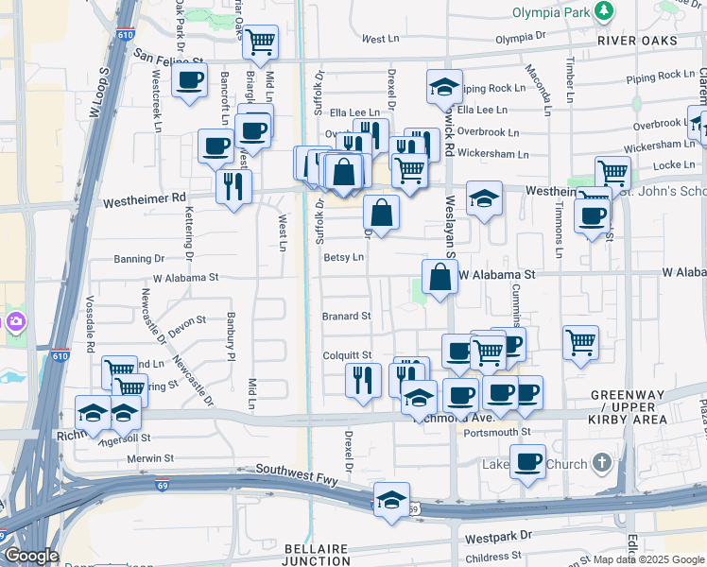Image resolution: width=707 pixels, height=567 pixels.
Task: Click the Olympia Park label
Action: [x=549, y=12]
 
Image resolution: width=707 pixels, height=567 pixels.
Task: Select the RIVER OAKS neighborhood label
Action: [x=638, y=41]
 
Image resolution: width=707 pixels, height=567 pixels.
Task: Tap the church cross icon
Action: [x=600, y=463]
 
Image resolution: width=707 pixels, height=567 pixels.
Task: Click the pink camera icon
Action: [x=15, y=323]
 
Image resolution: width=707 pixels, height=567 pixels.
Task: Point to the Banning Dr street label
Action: [x=139, y=258]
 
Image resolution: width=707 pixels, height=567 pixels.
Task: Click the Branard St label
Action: [x=346, y=317]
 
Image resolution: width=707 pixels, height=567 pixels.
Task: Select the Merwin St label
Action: [x=150, y=458]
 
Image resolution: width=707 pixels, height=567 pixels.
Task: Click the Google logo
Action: [x=31, y=557]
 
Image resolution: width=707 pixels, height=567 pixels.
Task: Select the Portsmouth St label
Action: [x=497, y=432]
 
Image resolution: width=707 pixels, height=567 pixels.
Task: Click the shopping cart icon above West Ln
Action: [x=260, y=42]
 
